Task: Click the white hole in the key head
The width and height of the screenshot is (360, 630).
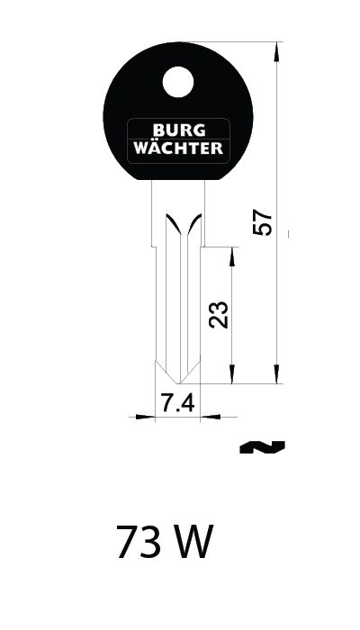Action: pyautogui.click(x=178, y=82)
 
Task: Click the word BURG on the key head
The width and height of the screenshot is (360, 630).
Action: pyautogui.click(x=179, y=130)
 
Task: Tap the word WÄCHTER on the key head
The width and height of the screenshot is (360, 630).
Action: pyautogui.click(x=178, y=147)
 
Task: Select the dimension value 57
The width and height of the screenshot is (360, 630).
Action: pyautogui.click(x=263, y=222)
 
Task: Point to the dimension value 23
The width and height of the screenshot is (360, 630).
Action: pyautogui.click(x=220, y=315)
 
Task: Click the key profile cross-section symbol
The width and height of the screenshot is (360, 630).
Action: pyautogui.click(x=262, y=447)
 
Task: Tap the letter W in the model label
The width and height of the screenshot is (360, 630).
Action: pyautogui.click(x=190, y=542)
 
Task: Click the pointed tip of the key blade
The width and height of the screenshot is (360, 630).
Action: pyautogui.click(x=177, y=382)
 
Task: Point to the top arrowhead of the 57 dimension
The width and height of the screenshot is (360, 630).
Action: pyautogui.click(x=276, y=51)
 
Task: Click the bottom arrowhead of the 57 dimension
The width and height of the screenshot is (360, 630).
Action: pyautogui.click(x=276, y=373)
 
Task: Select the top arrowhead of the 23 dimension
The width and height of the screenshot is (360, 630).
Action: pyautogui.click(x=232, y=257)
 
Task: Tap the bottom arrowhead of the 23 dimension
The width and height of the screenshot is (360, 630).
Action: pyautogui.click(x=232, y=373)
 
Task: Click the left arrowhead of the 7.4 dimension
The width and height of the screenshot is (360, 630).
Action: pyautogui.click(x=146, y=417)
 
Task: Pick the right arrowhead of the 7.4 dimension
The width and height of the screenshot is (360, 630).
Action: pyautogui.click(x=210, y=417)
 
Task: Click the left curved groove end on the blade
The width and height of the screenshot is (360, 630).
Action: pyautogui.click(x=173, y=223)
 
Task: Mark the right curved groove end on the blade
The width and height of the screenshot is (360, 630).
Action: pyautogui.click(x=194, y=223)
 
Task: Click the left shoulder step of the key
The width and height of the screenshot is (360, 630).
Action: pyautogui.click(x=154, y=247)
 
